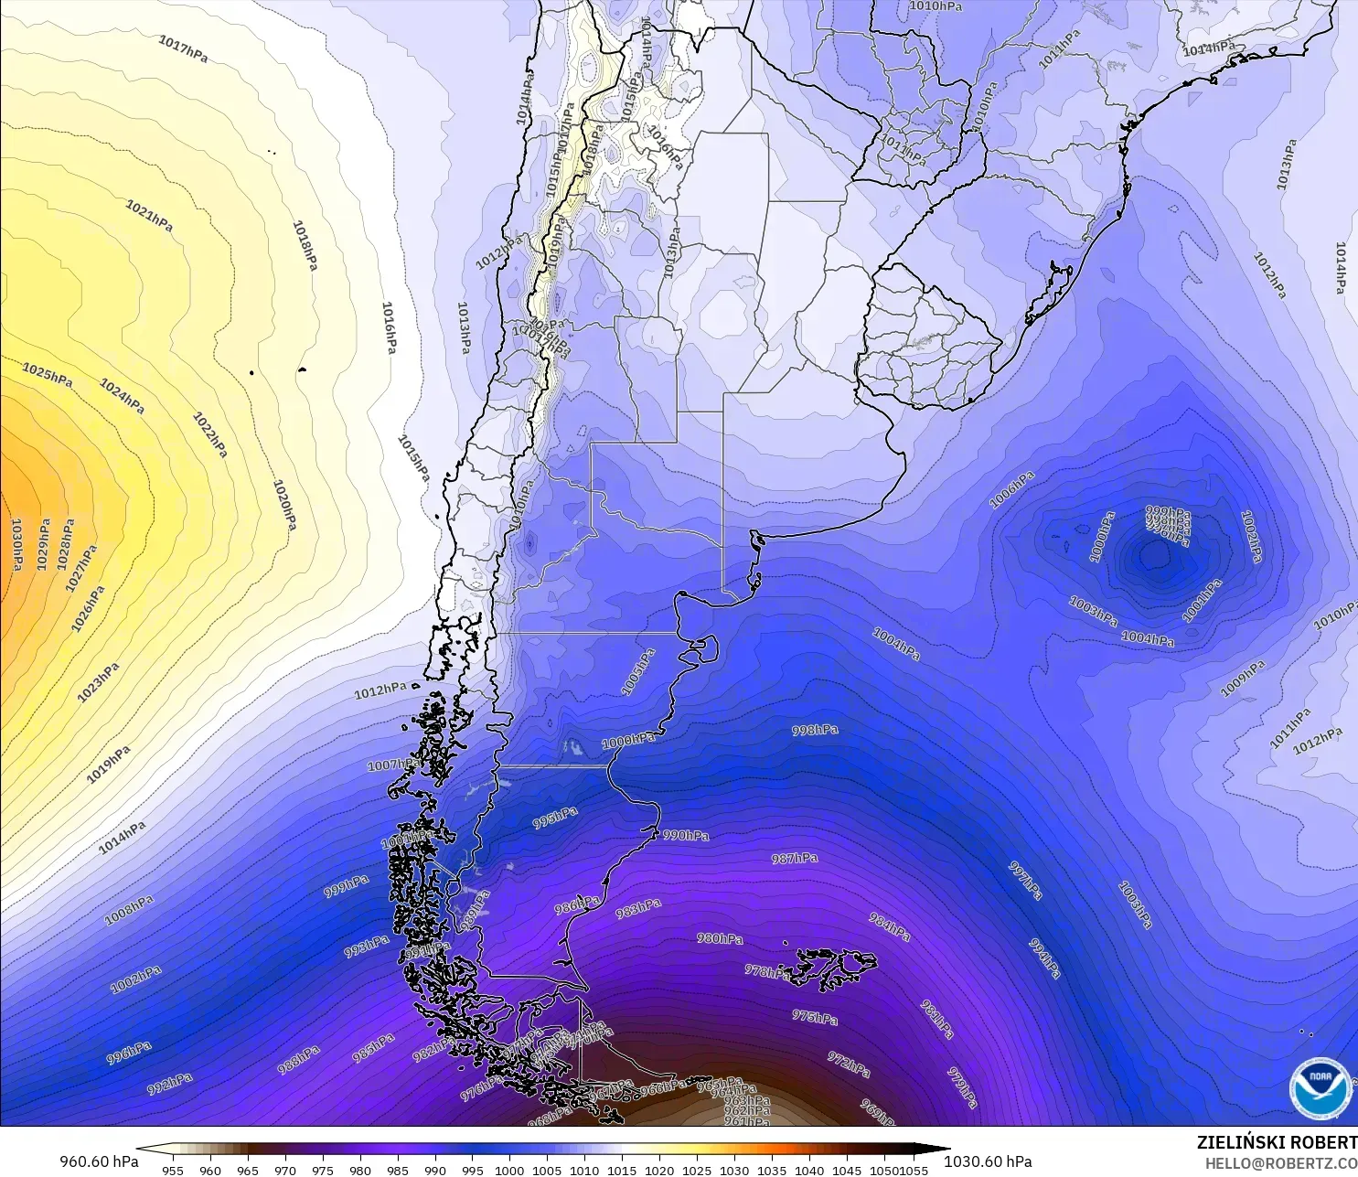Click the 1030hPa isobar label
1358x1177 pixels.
click(x=16, y=544)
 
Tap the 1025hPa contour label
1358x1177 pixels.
click(x=48, y=375)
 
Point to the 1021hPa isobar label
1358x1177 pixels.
click(x=149, y=216)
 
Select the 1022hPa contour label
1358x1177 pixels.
click(x=210, y=434)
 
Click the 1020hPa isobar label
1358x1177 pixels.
click(x=284, y=506)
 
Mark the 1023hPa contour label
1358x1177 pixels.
click(x=98, y=682)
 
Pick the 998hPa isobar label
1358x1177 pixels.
click(x=815, y=730)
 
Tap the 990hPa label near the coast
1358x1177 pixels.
click(x=685, y=835)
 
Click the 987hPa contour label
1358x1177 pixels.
click(x=795, y=858)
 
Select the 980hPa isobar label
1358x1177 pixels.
click(x=720, y=938)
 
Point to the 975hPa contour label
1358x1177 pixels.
click(x=815, y=1017)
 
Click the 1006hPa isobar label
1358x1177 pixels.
click(x=1011, y=489)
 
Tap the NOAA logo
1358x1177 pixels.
click(x=1321, y=1088)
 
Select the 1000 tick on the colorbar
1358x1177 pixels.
click(x=509, y=1170)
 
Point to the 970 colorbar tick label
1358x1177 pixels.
click(x=284, y=1170)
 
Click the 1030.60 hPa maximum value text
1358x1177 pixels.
click(x=988, y=1161)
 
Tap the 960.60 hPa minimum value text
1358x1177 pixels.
click(x=99, y=1161)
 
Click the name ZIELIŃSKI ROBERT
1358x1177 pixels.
click(x=1277, y=1142)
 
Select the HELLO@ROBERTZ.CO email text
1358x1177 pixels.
click(x=1280, y=1163)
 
